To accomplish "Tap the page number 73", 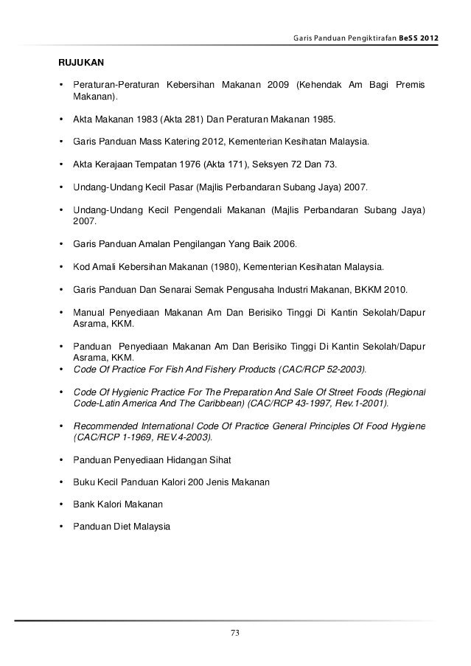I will pyautogui.click(x=235, y=633).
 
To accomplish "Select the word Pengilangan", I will pyautogui.click(x=183, y=244).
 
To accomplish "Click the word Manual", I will pyautogui.click(x=88, y=312).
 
